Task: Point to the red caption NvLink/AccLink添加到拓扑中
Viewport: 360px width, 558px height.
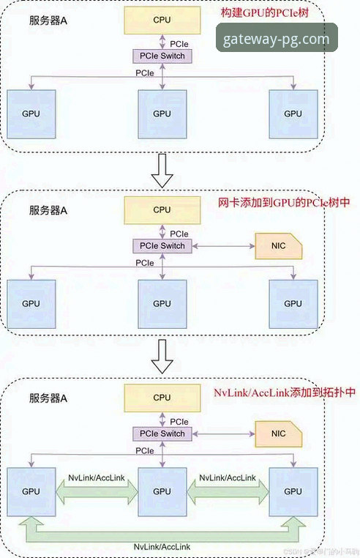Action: (x=285, y=393)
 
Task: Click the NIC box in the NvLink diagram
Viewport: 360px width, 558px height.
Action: (x=278, y=434)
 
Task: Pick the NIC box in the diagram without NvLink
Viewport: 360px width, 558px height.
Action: (x=278, y=246)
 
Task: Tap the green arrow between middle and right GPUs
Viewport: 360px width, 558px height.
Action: (x=227, y=491)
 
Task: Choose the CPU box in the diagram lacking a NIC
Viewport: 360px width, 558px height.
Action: (x=162, y=22)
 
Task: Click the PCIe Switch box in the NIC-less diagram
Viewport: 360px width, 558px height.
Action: (x=162, y=57)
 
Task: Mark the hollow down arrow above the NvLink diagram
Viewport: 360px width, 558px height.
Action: (x=162, y=356)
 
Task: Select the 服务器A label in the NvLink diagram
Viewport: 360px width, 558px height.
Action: (x=48, y=398)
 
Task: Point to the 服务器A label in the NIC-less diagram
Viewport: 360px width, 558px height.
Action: (x=48, y=22)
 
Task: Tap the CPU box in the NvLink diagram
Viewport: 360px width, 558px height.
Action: (x=162, y=398)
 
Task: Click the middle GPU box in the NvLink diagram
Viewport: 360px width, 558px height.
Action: (x=162, y=491)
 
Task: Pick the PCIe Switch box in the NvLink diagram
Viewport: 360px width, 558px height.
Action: (x=162, y=434)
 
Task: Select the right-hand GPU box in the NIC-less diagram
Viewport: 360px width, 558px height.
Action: (x=293, y=114)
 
